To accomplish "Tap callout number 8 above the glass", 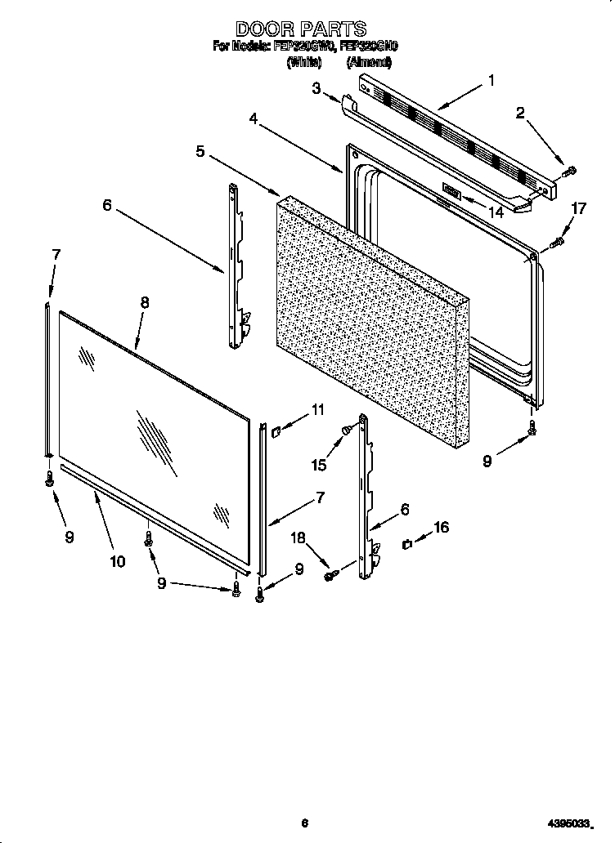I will (144, 301).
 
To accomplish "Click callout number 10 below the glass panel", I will (117, 560).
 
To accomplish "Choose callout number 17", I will (578, 209).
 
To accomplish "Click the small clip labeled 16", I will (406, 543).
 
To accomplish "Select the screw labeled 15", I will (348, 426).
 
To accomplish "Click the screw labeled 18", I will (332, 576).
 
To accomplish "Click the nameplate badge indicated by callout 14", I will (451, 191).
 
